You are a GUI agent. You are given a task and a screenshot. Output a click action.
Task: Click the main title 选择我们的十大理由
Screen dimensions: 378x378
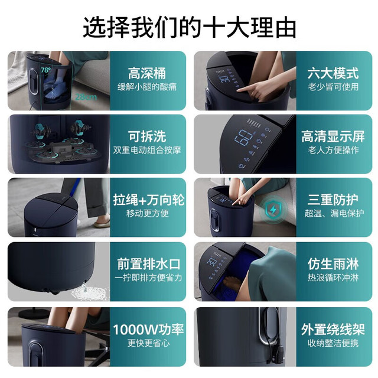tap(189, 27)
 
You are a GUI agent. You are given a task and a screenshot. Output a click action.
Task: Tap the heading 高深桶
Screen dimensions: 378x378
tap(147, 73)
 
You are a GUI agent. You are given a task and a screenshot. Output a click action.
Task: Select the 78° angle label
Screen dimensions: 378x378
tap(45, 70)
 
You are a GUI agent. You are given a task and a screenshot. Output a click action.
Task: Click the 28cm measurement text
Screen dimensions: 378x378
tap(86, 97)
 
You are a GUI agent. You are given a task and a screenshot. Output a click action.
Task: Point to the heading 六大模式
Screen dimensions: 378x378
tap(333, 73)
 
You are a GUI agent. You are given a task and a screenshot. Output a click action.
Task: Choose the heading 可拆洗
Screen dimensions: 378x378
tap(147, 136)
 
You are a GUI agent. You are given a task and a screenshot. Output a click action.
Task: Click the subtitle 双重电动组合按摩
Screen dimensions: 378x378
tap(147, 150)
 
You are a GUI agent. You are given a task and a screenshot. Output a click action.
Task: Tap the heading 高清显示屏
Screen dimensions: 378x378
tap(333, 136)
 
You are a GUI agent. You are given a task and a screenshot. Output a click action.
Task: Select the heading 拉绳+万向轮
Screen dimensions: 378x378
tap(149, 200)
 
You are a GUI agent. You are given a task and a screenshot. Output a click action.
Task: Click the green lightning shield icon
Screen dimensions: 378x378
tap(273, 210)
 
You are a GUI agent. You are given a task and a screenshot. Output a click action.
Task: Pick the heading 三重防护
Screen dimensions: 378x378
tap(333, 200)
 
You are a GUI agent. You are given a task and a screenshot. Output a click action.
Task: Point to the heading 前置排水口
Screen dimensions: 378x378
tap(149, 264)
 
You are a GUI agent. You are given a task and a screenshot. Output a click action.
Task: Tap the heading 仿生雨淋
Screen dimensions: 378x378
tap(333, 264)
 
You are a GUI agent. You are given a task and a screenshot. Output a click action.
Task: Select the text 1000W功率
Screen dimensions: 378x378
tap(148, 330)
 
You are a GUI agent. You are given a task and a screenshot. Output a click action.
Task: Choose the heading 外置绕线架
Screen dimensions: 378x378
tap(333, 330)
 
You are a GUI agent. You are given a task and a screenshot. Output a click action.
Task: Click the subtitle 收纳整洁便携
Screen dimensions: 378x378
tap(333, 343)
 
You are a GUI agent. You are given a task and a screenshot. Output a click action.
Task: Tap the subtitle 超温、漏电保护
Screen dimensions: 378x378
tap(334, 213)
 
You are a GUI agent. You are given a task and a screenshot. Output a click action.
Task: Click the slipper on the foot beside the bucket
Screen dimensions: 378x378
tap(102, 224)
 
